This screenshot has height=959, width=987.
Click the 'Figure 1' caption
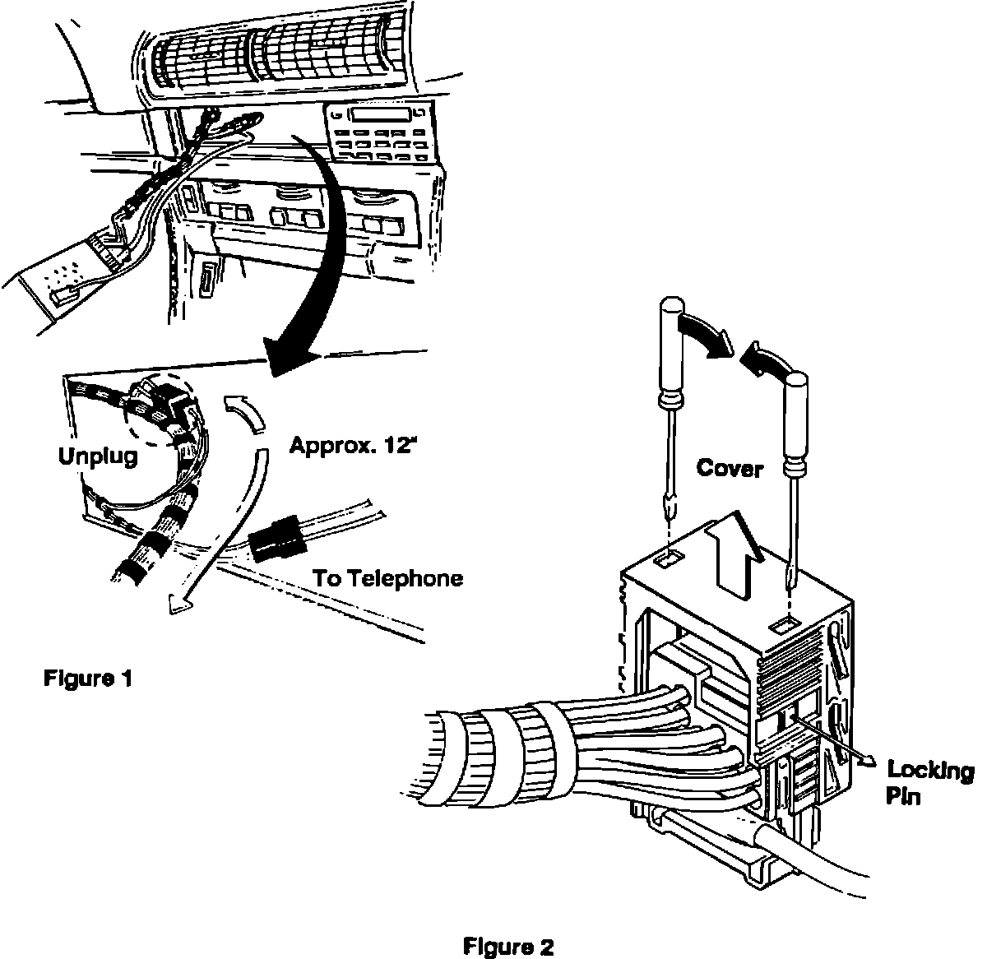click(87, 679)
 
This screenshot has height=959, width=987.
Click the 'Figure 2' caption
click(509, 946)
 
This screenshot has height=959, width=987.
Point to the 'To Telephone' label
click(387, 578)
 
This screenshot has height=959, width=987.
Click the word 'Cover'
click(730, 469)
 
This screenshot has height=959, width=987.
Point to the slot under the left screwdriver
click(667, 560)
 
